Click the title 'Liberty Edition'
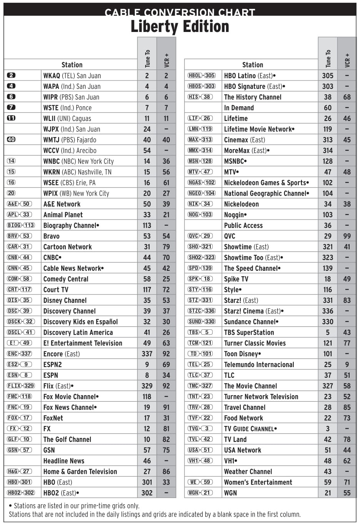tap(180, 26)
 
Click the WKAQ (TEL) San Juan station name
tap(72, 75)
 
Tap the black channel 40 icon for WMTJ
tap(11, 139)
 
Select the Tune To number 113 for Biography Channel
tap(147, 225)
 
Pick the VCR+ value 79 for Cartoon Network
tap(166, 247)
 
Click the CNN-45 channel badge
tap(19, 268)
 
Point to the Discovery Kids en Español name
tap(80, 322)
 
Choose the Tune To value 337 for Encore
tap(147, 354)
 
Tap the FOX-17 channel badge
tap(19, 418)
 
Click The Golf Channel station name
tap(67, 439)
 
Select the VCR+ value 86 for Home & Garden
tap(166, 471)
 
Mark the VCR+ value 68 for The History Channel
tap(347, 97)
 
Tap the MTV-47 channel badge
tap(200, 172)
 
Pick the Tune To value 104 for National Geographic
tap(328, 193)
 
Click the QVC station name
tap(229, 236)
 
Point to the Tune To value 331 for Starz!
tap(328, 300)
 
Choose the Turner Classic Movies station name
tap(255, 343)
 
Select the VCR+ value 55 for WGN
tap(347, 493)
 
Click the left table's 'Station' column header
tap(72, 65)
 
